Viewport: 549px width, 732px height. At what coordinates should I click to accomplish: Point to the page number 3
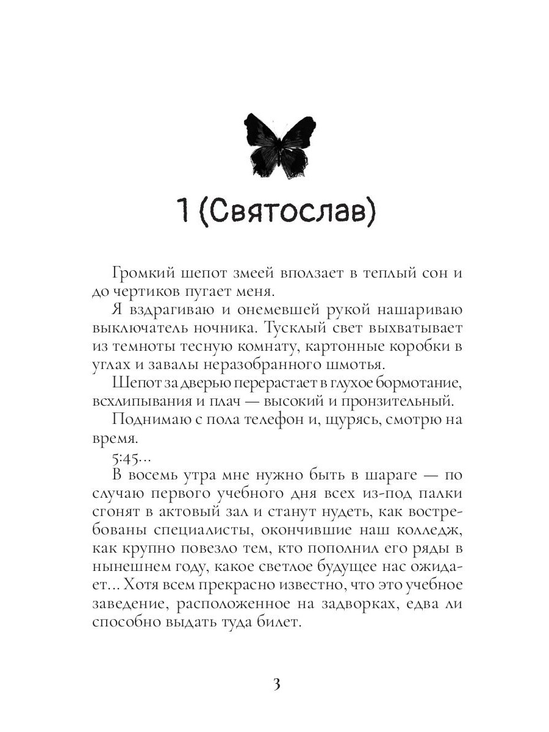pos(275,684)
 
